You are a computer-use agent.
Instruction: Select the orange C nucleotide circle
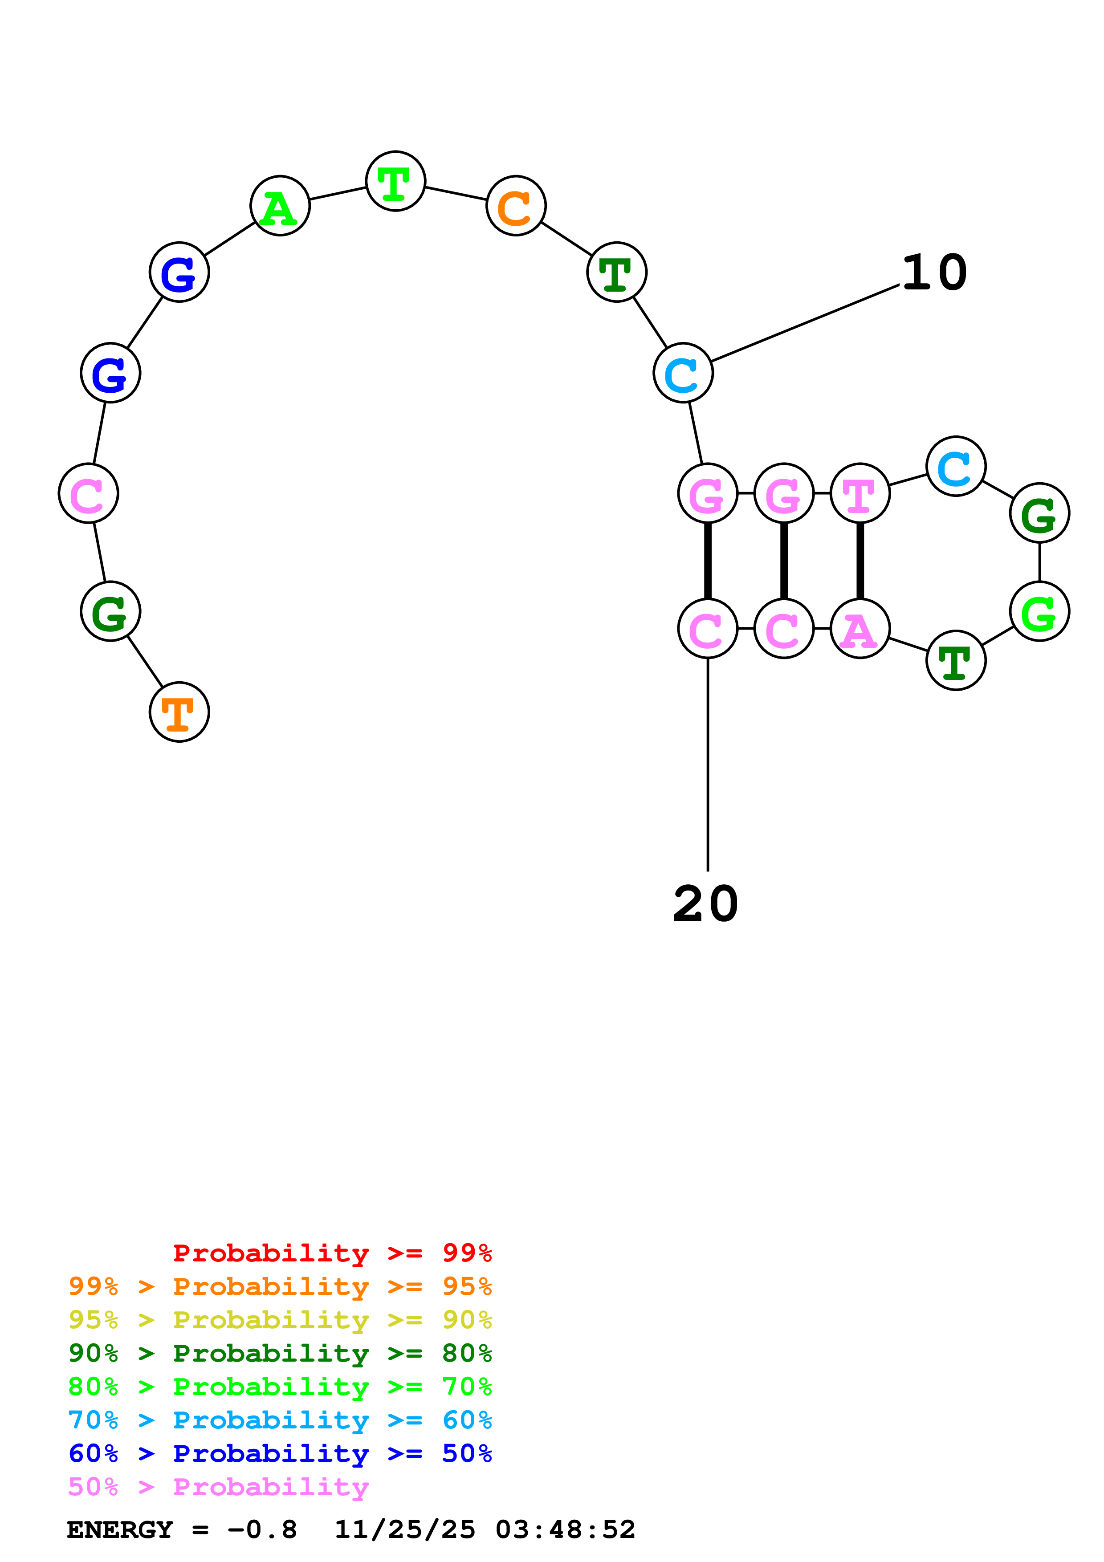pos(516,205)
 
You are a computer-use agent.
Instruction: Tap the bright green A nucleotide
pos(280,205)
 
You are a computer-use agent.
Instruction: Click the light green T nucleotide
pos(395,181)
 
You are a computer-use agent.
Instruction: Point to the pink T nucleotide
pos(860,493)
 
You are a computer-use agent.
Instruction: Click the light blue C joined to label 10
pos(683,373)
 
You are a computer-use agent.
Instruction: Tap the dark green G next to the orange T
pos(110,611)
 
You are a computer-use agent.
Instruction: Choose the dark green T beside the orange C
pos(616,272)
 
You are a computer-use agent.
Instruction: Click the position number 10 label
pos(934,272)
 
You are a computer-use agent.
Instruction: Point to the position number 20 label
pos(705,904)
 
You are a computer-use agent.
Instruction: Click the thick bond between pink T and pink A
pos(860,561)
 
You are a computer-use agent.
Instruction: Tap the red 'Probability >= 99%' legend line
pos(332,1253)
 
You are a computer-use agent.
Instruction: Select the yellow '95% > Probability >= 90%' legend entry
pos(280,1320)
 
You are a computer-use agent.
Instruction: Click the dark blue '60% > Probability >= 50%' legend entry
pos(280,1453)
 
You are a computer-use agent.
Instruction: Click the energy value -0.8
pos(262,1530)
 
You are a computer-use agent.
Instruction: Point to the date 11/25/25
pos(405,1530)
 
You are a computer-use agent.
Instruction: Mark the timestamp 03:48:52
pos(565,1530)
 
